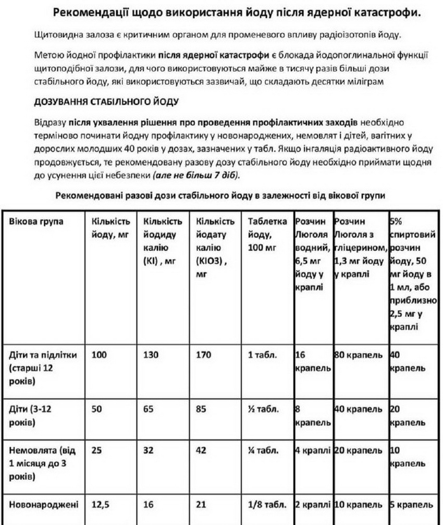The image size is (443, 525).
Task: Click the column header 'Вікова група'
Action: click(x=36, y=221)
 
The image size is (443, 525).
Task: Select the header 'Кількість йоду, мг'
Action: click(x=110, y=228)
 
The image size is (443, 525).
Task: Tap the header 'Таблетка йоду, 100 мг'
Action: click(x=267, y=234)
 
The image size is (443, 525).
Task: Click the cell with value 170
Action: click(x=204, y=355)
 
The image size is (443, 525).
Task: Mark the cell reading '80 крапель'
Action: click(x=359, y=355)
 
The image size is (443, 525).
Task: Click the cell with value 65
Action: click(x=149, y=409)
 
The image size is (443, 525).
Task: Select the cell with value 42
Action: click(x=202, y=449)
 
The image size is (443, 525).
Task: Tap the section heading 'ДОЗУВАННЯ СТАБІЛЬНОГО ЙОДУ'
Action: click(x=106, y=102)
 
